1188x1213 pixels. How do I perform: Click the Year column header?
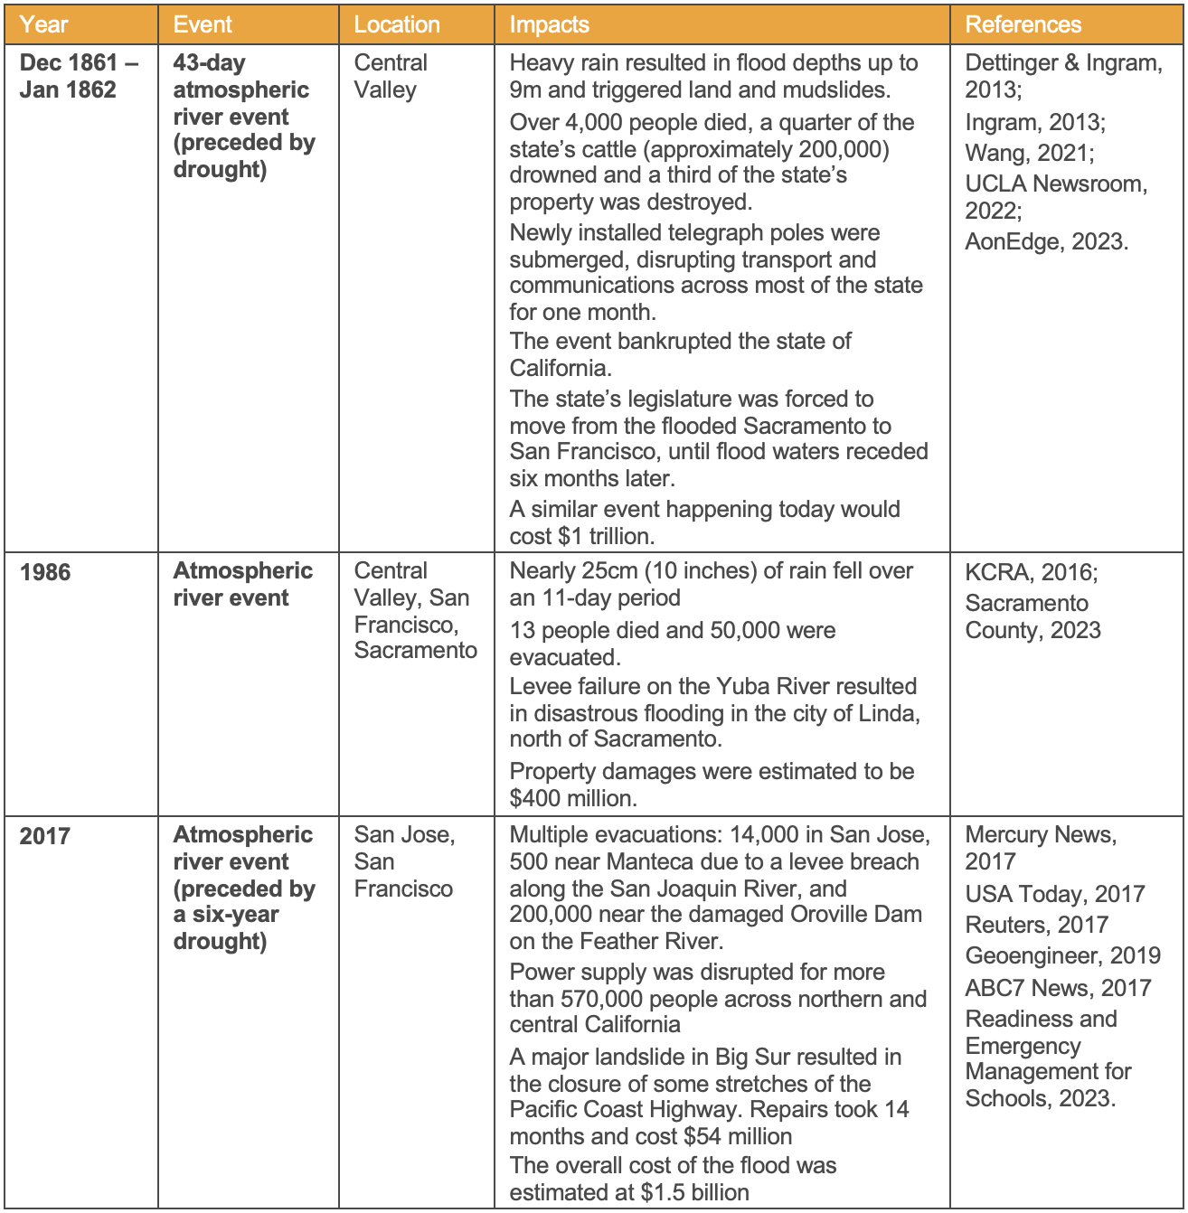pyautogui.click(x=43, y=24)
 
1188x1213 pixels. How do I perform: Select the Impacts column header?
pyautogui.click(x=549, y=24)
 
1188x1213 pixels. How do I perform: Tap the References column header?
pyautogui.click(x=1023, y=24)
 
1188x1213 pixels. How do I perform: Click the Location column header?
pyautogui.click(x=397, y=24)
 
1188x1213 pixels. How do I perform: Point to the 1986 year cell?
pyautogui.click(x=45, y=572)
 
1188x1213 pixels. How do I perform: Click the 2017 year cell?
pyautogui.click(x=45, y=836)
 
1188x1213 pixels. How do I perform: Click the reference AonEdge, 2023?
pyautogui.click(x=1046, y=242)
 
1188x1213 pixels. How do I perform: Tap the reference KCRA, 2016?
pyautogui.click(x=1031, y=572)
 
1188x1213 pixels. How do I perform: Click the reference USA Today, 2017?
pyautogui.click(x=1054, y=895)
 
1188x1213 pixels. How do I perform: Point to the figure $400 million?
pyautogui.click(x=572, y=799)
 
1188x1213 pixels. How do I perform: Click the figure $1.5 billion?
pyautogui.click(x=695, y=1193)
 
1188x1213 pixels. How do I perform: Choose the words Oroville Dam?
pyautogui.click(x=856, y=915)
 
